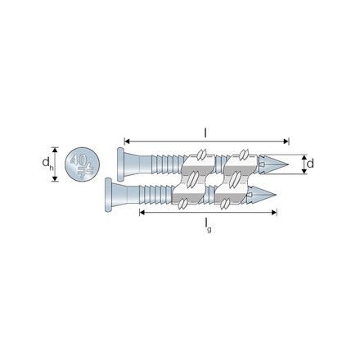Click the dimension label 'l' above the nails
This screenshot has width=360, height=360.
click(204, 130)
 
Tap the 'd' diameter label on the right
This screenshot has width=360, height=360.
click(312, 164)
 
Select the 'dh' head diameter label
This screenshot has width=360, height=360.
click(47, 165)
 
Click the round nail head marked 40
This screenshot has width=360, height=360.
click(79, 164)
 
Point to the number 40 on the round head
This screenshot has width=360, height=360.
click(76, 160)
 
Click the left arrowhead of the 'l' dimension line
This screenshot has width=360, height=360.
click(124, 139)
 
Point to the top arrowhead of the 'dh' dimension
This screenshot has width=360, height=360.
click(56, 150)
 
